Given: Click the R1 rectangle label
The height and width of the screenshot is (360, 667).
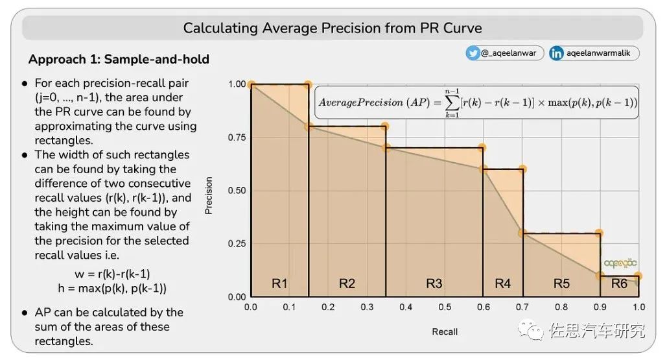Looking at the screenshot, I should click(x=279, y=283).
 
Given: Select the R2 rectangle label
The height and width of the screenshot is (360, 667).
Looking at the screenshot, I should click(x=347, y=283).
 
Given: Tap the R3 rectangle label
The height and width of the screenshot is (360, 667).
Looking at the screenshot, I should click(x=434, y=283).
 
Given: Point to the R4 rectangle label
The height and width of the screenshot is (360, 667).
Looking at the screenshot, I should click(x=502, y=283).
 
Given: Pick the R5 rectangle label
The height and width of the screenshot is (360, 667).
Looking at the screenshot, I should click(x=561, y=283).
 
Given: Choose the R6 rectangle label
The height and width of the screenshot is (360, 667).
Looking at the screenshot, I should click(x=619, y=283).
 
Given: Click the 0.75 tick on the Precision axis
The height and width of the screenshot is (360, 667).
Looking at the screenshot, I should click(x=237, y=137).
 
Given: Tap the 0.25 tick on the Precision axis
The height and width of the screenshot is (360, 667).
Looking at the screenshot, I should click(x=237, y=243).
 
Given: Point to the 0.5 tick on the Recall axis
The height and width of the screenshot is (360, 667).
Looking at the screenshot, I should click(x=445, y=307).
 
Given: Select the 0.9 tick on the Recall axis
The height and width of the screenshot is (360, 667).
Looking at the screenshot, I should click(x=600, y=307).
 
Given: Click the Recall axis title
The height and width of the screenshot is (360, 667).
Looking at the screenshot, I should click(x=445, y=331).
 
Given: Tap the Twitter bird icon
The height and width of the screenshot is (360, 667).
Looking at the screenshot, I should click(x=473, y=53).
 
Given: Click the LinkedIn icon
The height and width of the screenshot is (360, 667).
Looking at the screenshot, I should click(x=556, y=53).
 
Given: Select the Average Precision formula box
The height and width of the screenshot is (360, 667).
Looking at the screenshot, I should click(x=476, y=102).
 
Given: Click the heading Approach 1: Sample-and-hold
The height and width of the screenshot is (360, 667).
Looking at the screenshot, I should click(x=119, y=60).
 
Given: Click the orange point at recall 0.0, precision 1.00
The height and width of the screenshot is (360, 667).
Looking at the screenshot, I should click(x=251, y=84).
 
